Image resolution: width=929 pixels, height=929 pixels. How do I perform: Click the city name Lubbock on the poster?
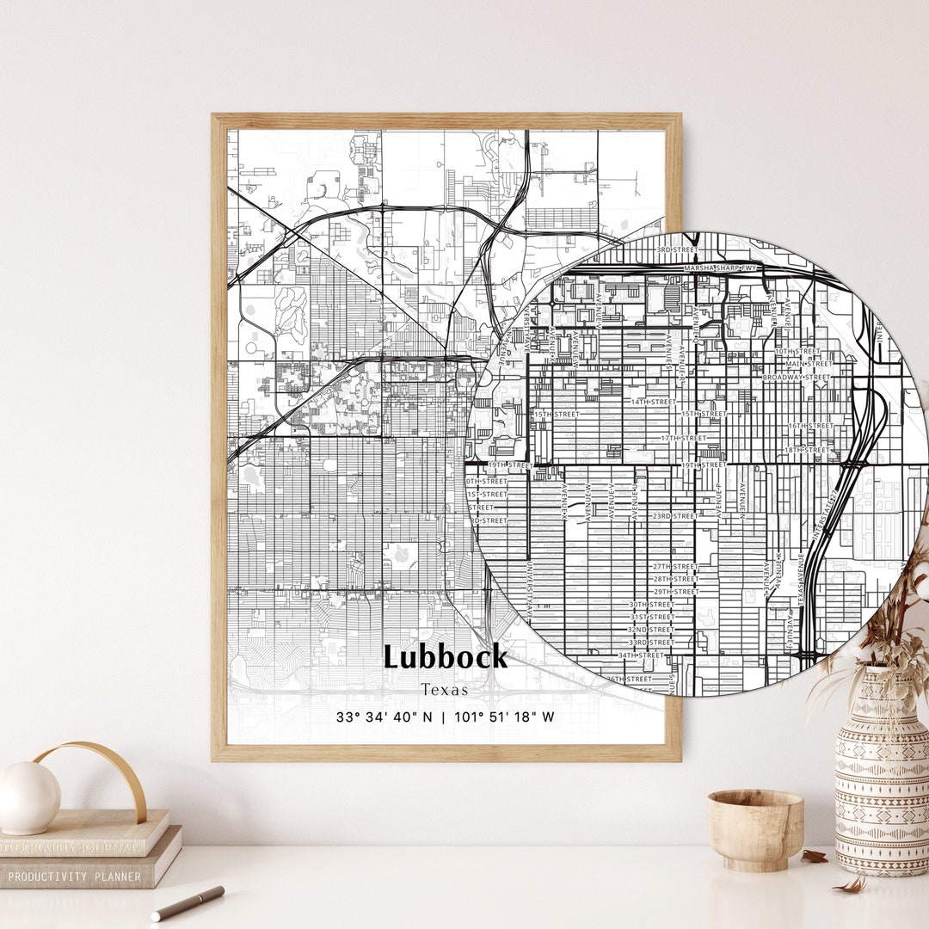click(x=446, y=657)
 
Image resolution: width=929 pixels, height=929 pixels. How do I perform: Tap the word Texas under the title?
click(x=445, y=690)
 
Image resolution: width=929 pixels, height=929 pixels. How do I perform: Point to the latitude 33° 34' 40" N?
click(x=385, y=717)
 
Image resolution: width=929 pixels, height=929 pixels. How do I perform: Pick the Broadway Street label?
click(x=797, y=377)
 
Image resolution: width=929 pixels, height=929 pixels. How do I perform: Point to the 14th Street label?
click(x=654, y=402)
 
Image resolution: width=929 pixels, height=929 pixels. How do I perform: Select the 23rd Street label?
click(x=674, y=516)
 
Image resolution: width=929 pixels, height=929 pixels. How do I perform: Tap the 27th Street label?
click(x=675, y=566)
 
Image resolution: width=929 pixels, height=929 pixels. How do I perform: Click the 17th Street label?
click(x=683, y=438)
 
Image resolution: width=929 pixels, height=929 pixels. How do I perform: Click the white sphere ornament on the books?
click(x=29, y=797)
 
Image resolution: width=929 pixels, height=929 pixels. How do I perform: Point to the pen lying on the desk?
click(x=188, y=903)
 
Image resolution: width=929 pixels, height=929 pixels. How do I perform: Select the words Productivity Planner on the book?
click(x=74, y=877)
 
